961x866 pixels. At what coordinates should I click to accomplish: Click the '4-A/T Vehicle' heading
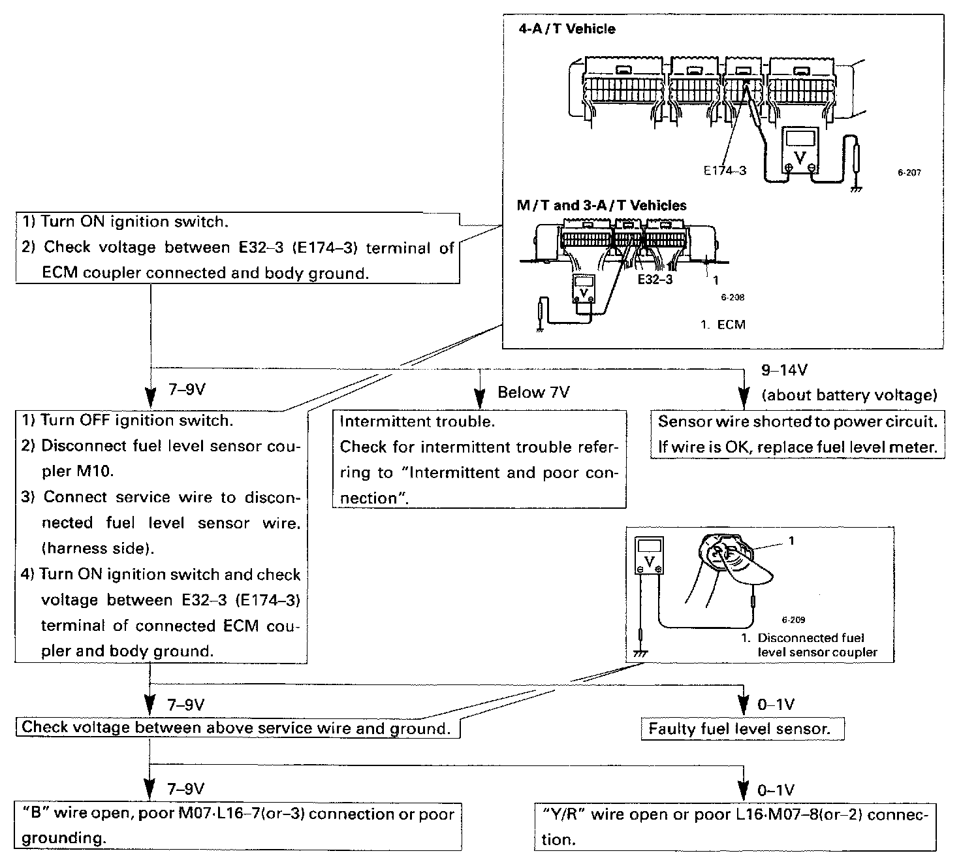click(x=567, y=29)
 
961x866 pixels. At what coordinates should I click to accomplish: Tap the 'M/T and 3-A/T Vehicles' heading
click(x=601, y=205)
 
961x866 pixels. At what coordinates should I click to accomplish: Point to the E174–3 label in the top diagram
click(x=725, y=170)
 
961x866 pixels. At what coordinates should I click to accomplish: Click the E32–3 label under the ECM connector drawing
click(x=655, y=279)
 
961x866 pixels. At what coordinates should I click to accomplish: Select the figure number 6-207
click(x=909, y=173)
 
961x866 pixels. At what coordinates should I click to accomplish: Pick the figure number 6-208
click(x=733, y=297)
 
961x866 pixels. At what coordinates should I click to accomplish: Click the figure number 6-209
click(x=793, y=620)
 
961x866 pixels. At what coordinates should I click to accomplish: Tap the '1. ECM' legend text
click(x=723, y=325)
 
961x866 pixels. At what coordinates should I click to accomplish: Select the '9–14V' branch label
click(x=784, y=370)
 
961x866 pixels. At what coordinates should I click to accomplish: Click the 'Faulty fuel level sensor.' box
click(x=742, y=729)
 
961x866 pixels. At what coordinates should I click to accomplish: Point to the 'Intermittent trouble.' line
click(x=417, y=421)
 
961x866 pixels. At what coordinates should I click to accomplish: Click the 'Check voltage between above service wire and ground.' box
click(x=238, y=728)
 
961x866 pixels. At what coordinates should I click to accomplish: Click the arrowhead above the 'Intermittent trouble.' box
click(x=480, y=397)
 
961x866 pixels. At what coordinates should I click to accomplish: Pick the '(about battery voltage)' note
click(x=849, y=394)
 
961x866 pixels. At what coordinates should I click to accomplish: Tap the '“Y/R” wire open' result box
click(x=734, y=826)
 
